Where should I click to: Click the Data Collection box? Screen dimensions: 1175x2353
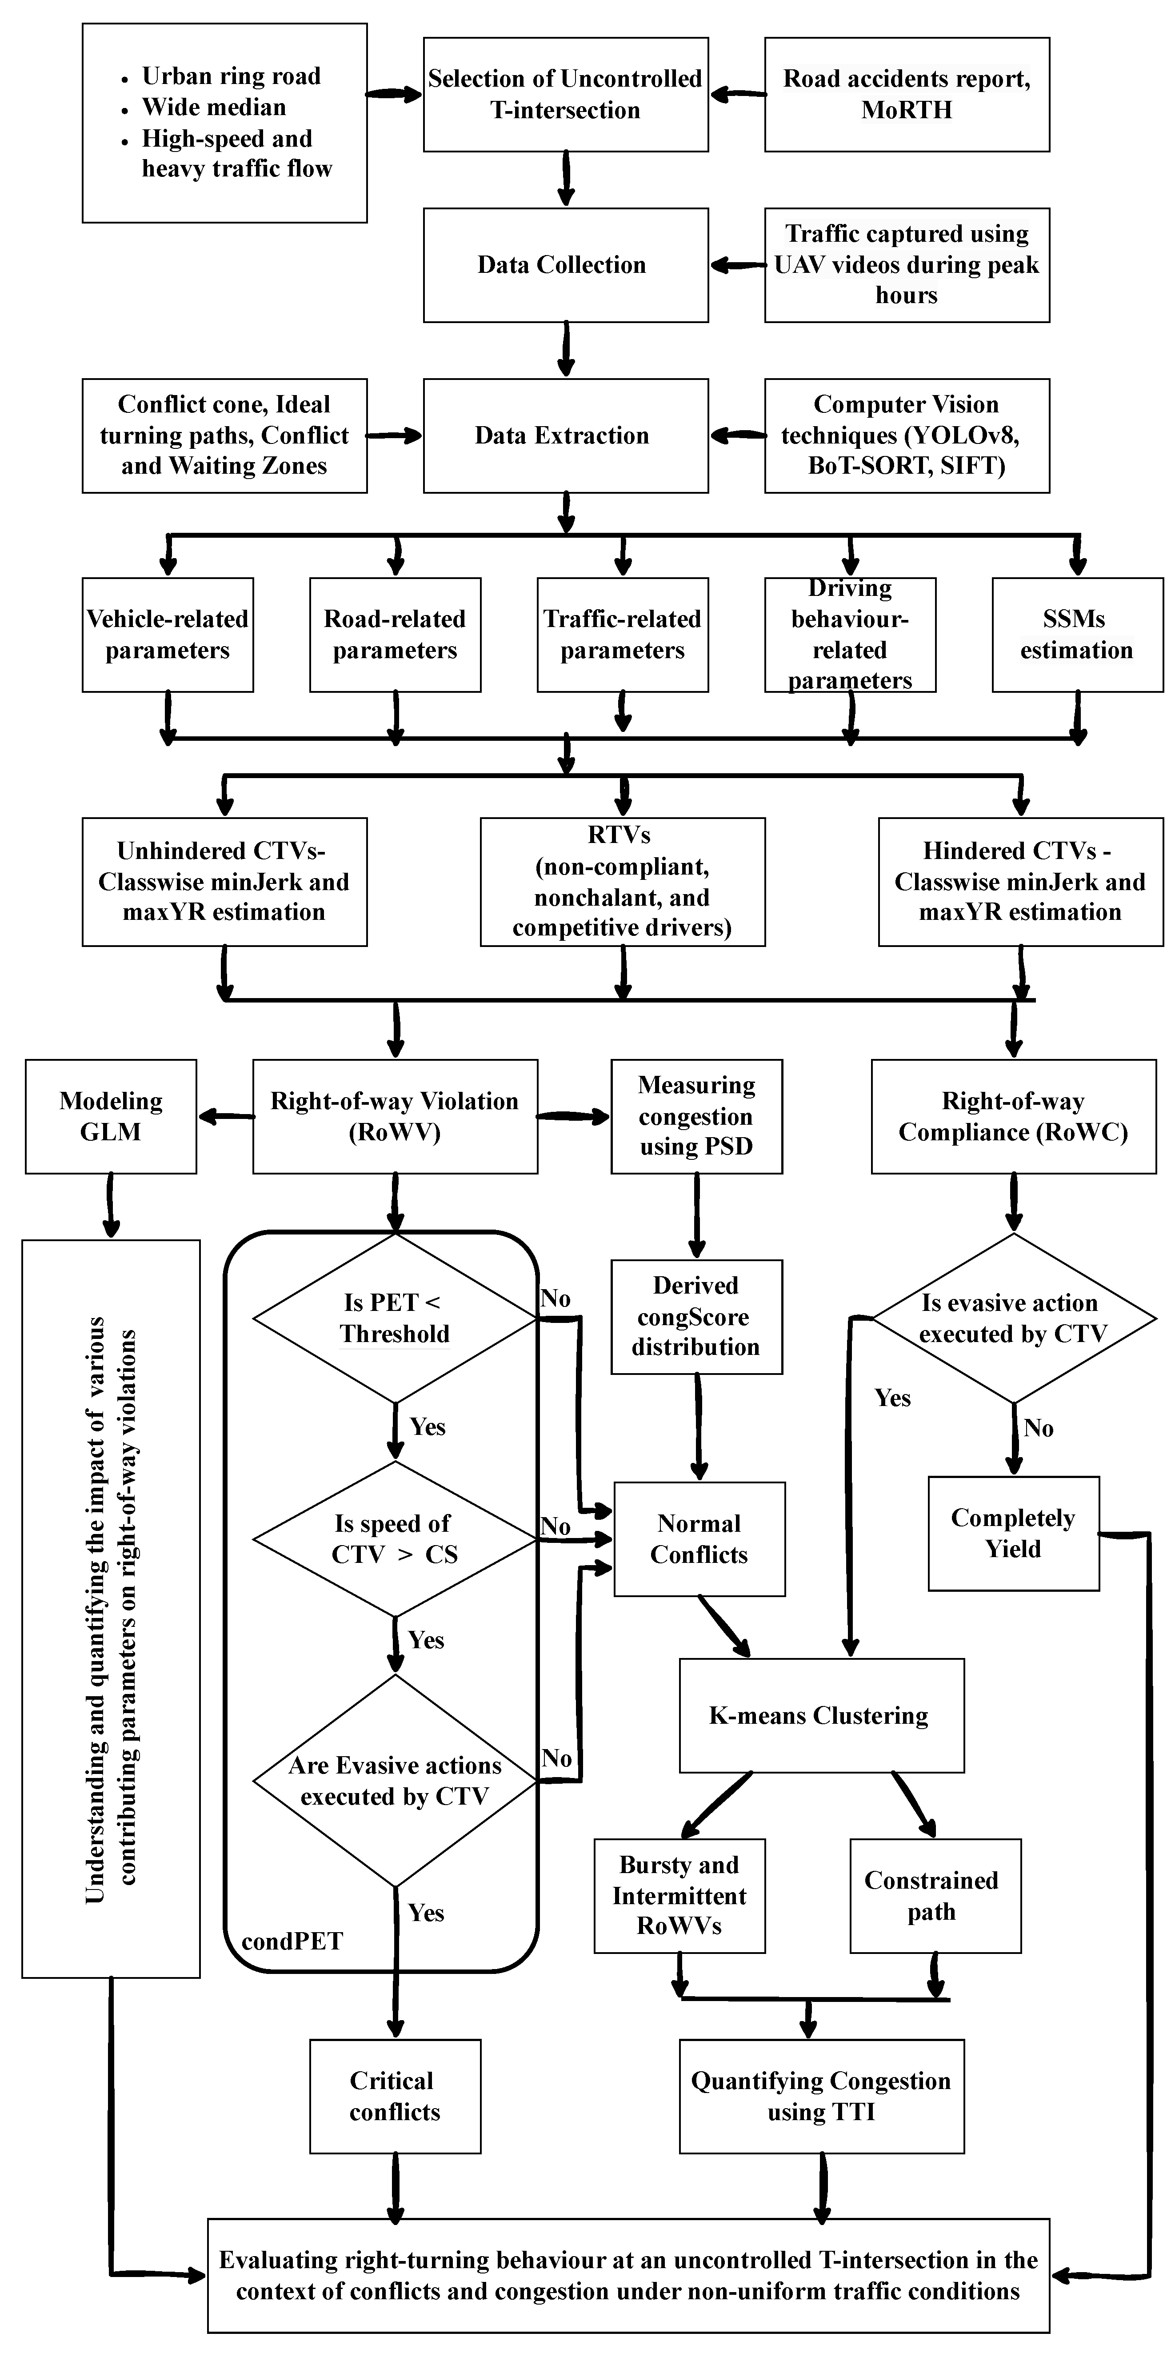pyautogui.click(x=566, y=265)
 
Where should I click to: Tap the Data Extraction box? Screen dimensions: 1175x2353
pyautogui.click(x=566, y=435)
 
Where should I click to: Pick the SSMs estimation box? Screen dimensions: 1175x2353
pyautogui.click(x=1077, y=635)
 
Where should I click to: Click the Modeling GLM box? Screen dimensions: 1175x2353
pyautogui.click(x=111, y=1116)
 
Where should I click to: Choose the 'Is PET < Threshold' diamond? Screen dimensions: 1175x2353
pyautogui.click(x=395, y=1318)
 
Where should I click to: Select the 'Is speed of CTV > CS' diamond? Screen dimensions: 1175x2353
pyautogui.click(x=395, y=1539)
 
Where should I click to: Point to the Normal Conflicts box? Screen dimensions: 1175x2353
pyautogui.click(x=699, y=1539)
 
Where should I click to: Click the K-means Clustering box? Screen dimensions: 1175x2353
pyautogui.click(x=821, y=1715)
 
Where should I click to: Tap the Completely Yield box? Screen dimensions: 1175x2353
pyautogui.click(x=1013, y=1534)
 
